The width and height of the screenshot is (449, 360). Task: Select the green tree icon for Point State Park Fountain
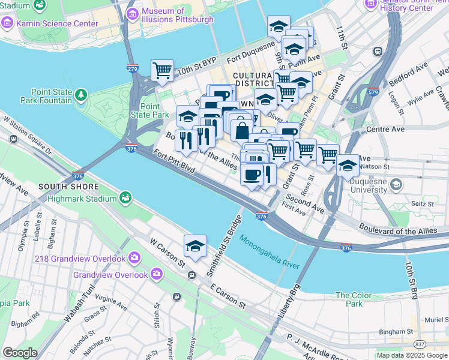(x=80, y=95)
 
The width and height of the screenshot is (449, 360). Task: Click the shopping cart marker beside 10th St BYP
(x=162, y=71)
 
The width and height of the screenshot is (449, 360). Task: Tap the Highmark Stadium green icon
(x=125, y=197)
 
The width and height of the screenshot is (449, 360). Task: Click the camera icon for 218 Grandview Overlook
(x=134, y=258)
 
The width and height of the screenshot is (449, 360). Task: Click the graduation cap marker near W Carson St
(x=195, y=246)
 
